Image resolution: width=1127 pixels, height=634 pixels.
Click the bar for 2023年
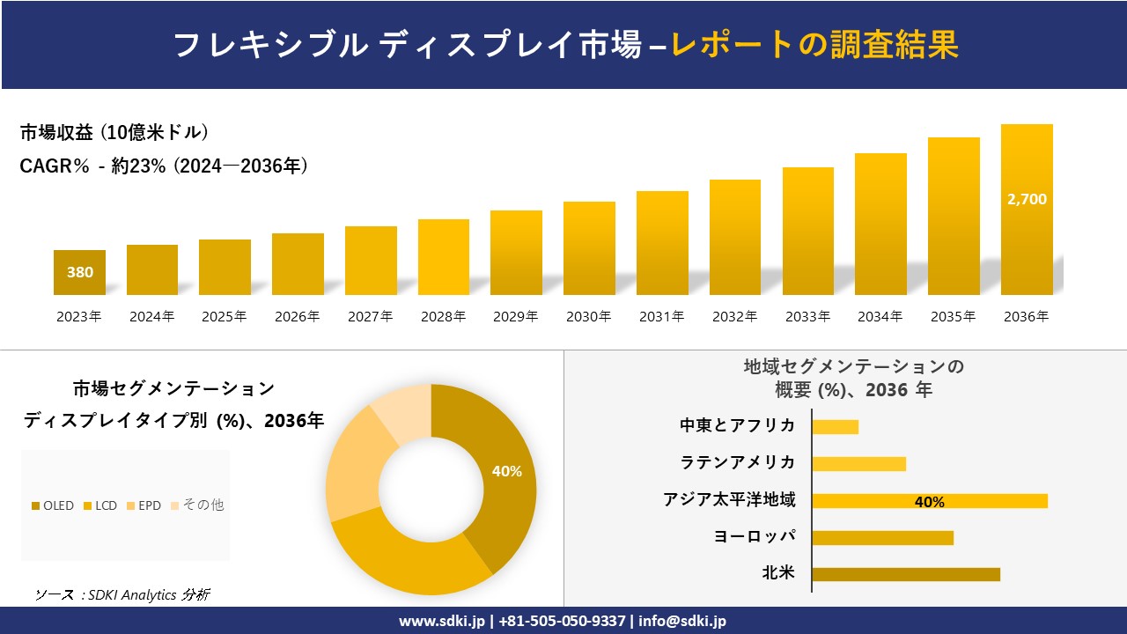pos(79,272)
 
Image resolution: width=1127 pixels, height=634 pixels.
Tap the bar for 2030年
pos(589,248)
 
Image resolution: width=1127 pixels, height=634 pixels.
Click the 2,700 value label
pos(1027,200)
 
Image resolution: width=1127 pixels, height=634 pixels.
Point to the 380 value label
pos(79,273)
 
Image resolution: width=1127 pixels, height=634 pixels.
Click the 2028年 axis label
pos(443,317)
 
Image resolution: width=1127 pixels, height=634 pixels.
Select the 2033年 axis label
pos(807,317)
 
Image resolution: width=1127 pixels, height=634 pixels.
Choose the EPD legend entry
pos(144,505)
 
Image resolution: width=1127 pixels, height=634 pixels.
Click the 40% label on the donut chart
pos(506,471)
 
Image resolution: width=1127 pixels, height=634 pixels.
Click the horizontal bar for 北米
pos(906,574)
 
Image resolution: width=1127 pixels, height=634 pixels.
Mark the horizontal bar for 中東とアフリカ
pos(835,427)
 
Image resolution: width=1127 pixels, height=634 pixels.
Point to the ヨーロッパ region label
pos(754,536)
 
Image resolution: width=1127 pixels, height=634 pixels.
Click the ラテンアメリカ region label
pos(738,462)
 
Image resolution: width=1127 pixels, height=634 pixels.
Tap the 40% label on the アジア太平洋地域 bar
pos(929,502)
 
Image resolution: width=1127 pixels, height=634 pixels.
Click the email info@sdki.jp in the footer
pos(682,621)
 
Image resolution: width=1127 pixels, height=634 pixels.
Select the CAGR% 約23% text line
pos(164,166)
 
